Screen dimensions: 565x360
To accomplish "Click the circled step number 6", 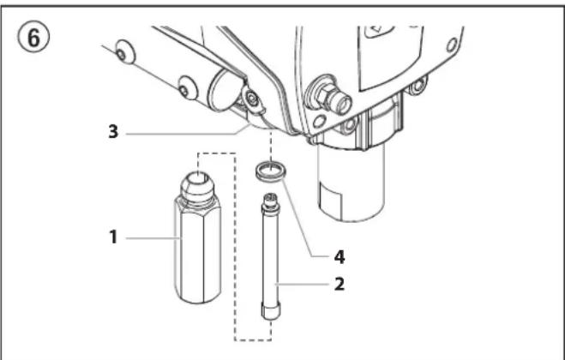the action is (33, 39).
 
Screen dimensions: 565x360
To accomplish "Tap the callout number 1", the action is (113, 237).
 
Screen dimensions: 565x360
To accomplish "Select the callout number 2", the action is (340, 285).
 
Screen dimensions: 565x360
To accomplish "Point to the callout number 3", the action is (113, 132).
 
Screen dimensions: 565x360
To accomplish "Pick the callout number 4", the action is (340, 257).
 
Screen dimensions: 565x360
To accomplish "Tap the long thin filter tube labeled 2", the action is (271, 256).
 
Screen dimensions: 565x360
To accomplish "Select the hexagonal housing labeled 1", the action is (198, 237).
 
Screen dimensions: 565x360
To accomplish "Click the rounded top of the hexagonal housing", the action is (198, 183).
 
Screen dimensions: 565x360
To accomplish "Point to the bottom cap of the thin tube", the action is (271, 311).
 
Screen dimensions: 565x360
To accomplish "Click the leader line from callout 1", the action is (153, 238).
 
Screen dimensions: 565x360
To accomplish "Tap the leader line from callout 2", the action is (302, 285).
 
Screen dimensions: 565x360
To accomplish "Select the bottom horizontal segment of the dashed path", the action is (253, 339).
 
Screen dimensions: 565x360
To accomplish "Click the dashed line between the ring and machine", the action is (271, 145).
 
